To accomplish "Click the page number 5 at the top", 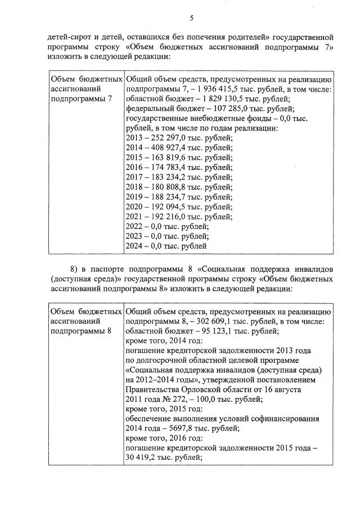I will click(191, 19).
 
